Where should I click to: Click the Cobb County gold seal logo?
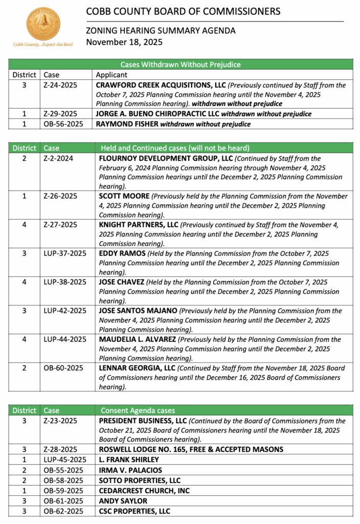(43, 24)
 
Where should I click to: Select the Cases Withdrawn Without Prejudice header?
(181, 64)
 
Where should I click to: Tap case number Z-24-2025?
(61, 85)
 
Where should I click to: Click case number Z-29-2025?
(61, 114)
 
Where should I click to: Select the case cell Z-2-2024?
(59, 159)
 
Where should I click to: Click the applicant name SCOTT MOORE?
(124, 196)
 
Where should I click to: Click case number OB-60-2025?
(63, 368)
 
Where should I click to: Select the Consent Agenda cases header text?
(138, 410)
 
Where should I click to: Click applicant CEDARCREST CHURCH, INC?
(144, 491)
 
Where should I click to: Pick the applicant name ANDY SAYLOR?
(123, 501)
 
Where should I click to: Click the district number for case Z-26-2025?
(24, 196)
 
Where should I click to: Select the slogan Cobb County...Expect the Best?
(43, 45)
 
